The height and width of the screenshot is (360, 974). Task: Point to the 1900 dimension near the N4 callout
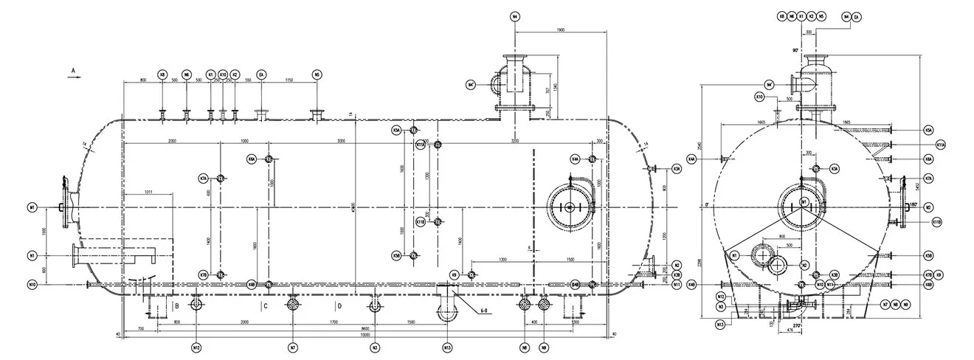click(x=560, y=30)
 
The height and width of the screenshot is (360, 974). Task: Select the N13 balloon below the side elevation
click(x=447, y=347)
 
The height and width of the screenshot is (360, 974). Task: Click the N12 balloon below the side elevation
click(x=196, y=347)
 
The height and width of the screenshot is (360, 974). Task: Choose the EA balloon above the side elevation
click(x=262, y=75)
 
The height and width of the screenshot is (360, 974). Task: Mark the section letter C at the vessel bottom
click(x=265, y=305)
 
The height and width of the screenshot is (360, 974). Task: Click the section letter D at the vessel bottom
click(x=339, y=305)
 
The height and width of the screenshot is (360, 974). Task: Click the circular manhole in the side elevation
click(x=569, y=208)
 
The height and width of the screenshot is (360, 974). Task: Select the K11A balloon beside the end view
click(x=939, y=145)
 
